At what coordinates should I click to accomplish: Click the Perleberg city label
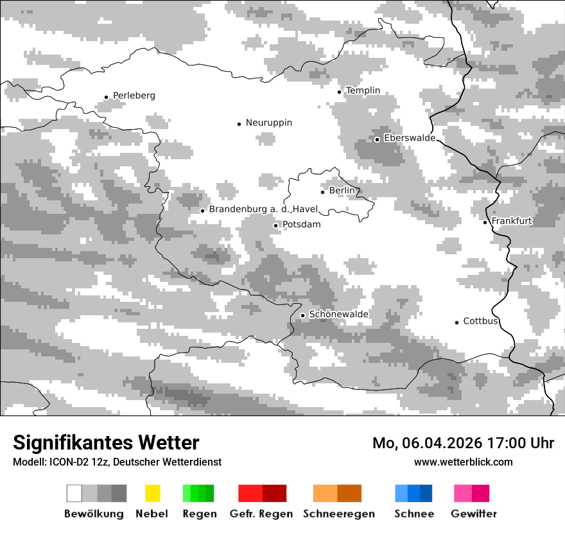pos(134,96)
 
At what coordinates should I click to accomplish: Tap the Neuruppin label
pos(268,123)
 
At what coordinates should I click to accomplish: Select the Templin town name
pos(363,91)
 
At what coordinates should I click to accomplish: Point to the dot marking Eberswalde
pos(377,139)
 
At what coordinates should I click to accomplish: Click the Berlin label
pos(342,191)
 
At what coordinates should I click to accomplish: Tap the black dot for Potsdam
pos(276,225)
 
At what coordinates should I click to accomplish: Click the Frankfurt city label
pos(512,221)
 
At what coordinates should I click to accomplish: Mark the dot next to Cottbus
pos(456,322)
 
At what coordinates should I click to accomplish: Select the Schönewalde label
pos(338,315)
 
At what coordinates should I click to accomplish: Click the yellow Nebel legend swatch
pos(152,493)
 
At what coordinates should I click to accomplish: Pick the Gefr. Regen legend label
pos(261,514)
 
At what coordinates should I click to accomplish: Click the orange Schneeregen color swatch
pos(337,493)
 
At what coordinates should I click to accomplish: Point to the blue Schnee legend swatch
pos(413,493)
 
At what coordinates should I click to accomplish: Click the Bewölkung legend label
pos(94,514)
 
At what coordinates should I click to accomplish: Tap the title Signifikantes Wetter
pos(106,442)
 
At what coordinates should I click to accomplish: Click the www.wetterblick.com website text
pos(463,462)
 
